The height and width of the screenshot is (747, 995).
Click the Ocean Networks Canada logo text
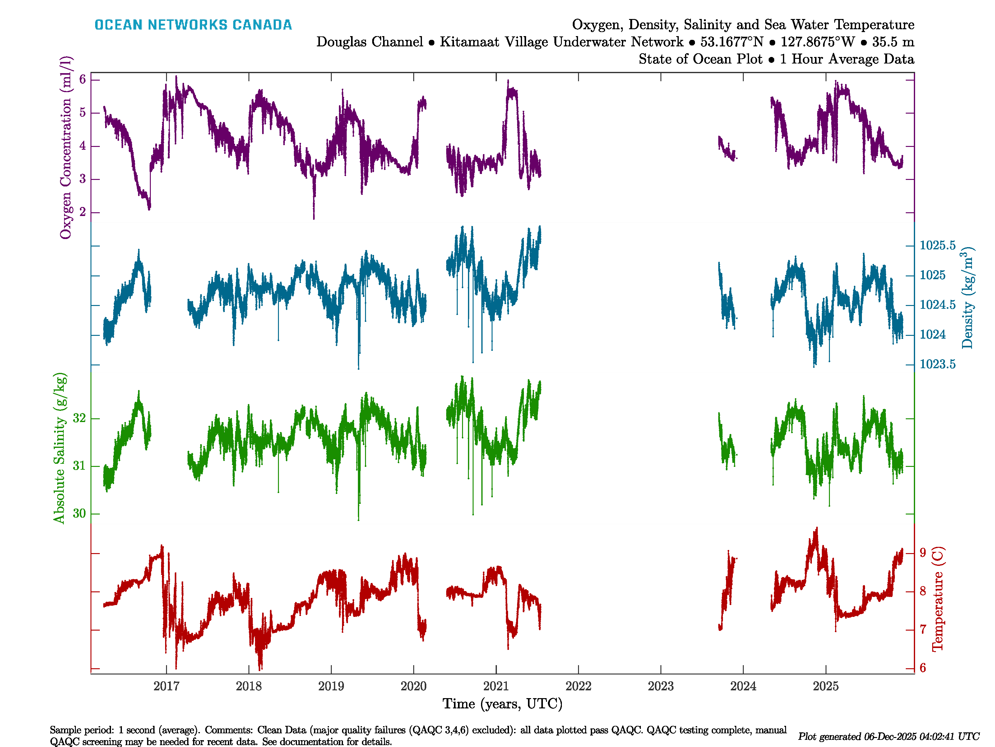point(193,25)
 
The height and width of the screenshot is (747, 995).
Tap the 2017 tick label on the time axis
point(166,686)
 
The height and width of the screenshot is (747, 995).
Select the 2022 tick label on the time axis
point(578,686)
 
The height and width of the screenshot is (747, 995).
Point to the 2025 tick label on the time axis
point(826,686)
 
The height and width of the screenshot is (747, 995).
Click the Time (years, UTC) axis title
point(502,704)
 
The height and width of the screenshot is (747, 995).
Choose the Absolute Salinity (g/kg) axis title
point(59,448)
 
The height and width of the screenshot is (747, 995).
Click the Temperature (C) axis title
point(937,599)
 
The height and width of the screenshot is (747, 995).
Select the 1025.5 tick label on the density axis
point(937,245)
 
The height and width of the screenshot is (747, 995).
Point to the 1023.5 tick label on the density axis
point(937,364)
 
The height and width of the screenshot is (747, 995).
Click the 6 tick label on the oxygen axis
point(82,80)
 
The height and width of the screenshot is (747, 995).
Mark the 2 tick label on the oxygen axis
point(82,212)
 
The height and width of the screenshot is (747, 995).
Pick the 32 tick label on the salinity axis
point(79,418)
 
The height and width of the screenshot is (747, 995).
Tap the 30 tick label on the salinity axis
point(79,513)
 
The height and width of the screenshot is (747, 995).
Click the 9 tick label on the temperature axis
point(923,553)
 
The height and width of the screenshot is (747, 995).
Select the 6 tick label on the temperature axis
point(923,668)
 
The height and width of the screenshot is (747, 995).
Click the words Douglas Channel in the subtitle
point(369,42)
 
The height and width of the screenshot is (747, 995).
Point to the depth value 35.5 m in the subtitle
point(893,42)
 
